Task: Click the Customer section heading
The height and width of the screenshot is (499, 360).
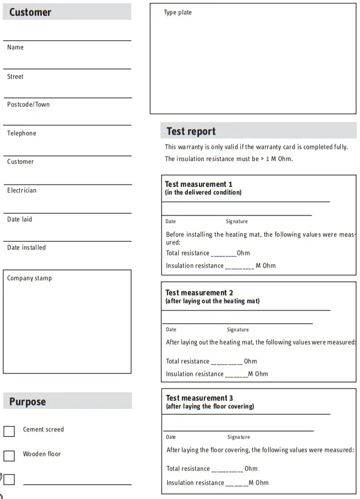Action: (30, 12)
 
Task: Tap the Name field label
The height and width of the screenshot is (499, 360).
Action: (15, 47)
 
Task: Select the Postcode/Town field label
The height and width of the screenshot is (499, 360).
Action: (28, 104)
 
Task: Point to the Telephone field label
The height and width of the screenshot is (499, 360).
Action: (21, 133)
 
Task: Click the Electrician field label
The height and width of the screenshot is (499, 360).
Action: (21, 190)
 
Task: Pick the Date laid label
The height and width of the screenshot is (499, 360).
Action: (19, 219)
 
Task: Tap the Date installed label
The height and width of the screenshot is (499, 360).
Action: (26, 247)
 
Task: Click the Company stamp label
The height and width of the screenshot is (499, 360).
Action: (29, 278)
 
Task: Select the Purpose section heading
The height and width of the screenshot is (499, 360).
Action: (27, 402)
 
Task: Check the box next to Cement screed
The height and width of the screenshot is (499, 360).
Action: (9, 431)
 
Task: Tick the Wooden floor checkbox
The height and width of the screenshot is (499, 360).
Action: (9, 456)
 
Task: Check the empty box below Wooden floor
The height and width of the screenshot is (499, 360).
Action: (9, 479)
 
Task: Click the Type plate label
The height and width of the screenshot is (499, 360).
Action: (178, 13)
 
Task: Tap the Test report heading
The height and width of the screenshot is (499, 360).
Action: (191, 131)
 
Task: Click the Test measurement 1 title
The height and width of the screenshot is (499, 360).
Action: (199, 184)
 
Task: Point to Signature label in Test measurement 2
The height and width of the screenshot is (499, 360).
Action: (237, 330)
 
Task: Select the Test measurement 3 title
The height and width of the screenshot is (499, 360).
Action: (200, 398)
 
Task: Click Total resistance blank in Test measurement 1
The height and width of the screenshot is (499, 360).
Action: (224, 254)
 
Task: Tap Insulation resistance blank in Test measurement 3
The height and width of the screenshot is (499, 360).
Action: (237, 484)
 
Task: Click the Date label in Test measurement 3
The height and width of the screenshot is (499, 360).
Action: (171, 437)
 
